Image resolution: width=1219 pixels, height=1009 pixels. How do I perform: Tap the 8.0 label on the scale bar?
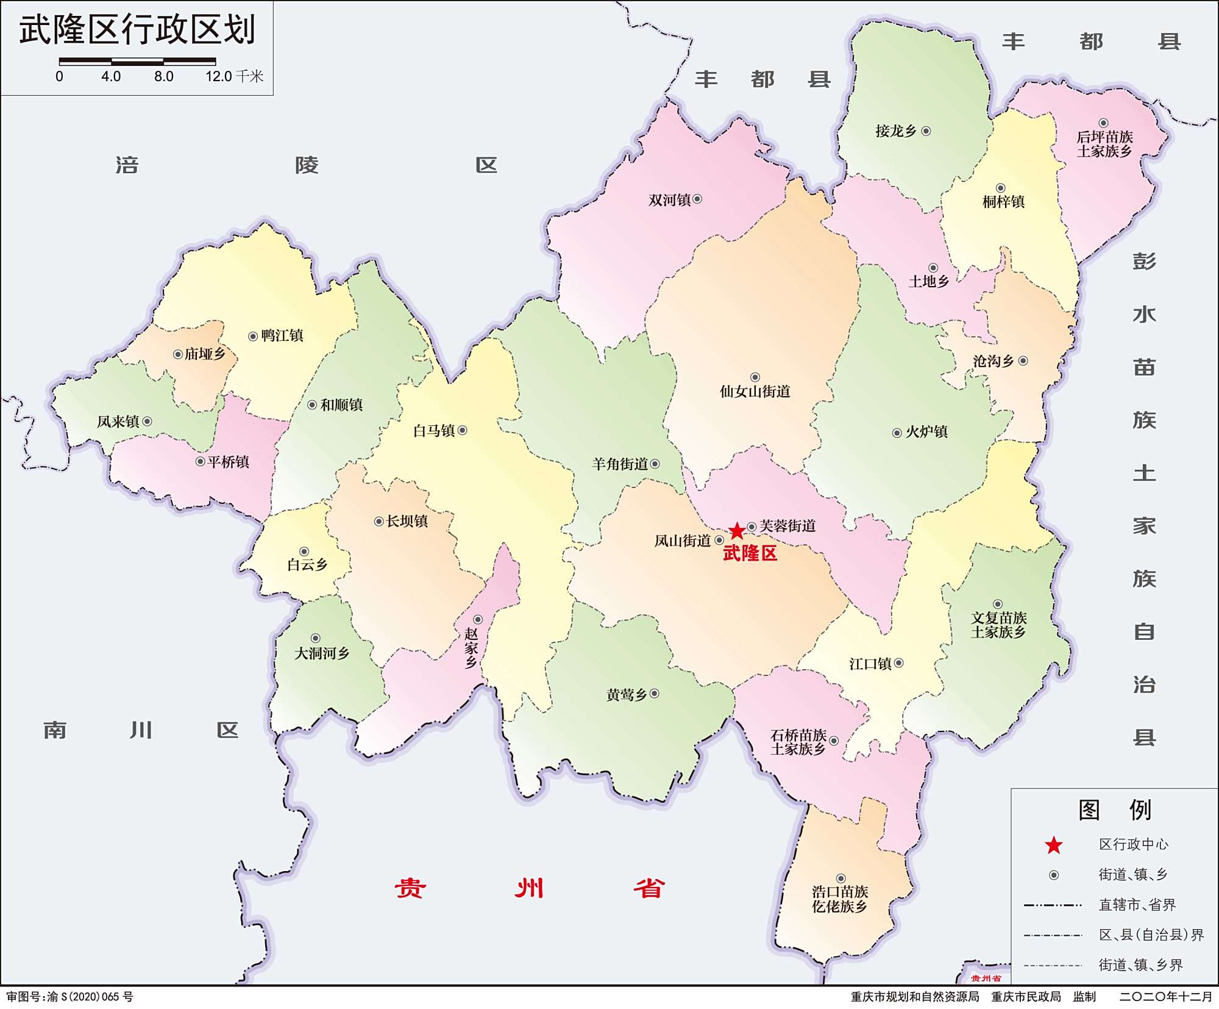[163, 77]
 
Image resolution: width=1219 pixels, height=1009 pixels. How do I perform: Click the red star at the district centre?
[737, 530]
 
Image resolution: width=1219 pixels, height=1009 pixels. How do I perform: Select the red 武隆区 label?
[750, 553]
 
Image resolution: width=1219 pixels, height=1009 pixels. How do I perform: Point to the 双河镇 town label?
[669, 200]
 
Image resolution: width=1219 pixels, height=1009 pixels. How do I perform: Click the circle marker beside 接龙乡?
[926, 131]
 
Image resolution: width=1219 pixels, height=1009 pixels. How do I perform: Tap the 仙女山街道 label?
[755, 392]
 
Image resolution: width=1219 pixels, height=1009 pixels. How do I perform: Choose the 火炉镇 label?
[926, 432]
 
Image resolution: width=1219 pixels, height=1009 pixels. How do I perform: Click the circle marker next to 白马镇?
[463, 431]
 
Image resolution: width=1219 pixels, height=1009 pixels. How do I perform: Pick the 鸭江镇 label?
[282, 336]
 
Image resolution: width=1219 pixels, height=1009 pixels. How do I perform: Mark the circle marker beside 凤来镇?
[147, 422]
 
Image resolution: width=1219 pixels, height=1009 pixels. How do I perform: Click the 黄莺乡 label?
[627, 695]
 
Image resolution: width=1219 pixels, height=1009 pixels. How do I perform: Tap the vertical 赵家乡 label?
[471, 648]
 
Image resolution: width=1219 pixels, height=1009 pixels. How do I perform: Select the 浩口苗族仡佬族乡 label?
[839, 899]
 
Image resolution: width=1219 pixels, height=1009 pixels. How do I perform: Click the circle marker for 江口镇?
[898, 663]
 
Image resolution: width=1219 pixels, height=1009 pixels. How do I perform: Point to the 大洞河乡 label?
[322, 653]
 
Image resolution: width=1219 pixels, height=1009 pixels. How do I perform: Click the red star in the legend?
[1054, 846]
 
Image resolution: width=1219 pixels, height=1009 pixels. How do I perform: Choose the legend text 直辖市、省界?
[1137, 905]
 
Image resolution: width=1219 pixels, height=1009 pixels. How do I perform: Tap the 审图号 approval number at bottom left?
[69, 997]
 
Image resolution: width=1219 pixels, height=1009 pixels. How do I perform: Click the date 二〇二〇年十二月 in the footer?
[1165, 997]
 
